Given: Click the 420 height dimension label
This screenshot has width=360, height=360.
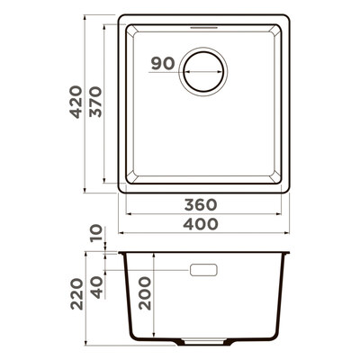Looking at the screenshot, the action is (76, 102).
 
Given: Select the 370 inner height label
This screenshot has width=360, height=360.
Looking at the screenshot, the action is (96, 102).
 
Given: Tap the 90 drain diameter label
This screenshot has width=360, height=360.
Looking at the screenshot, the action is (163, 64).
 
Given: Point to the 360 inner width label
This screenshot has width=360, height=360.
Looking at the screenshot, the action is (201, 205).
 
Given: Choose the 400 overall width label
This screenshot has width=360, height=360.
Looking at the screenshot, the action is (201, 224).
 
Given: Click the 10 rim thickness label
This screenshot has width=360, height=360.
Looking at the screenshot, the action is (96, 234).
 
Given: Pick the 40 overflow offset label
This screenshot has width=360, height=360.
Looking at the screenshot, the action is (96, 287).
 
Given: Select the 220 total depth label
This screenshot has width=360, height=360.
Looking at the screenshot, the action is (76, 294).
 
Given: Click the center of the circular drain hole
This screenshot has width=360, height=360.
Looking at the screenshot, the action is (203, 72).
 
